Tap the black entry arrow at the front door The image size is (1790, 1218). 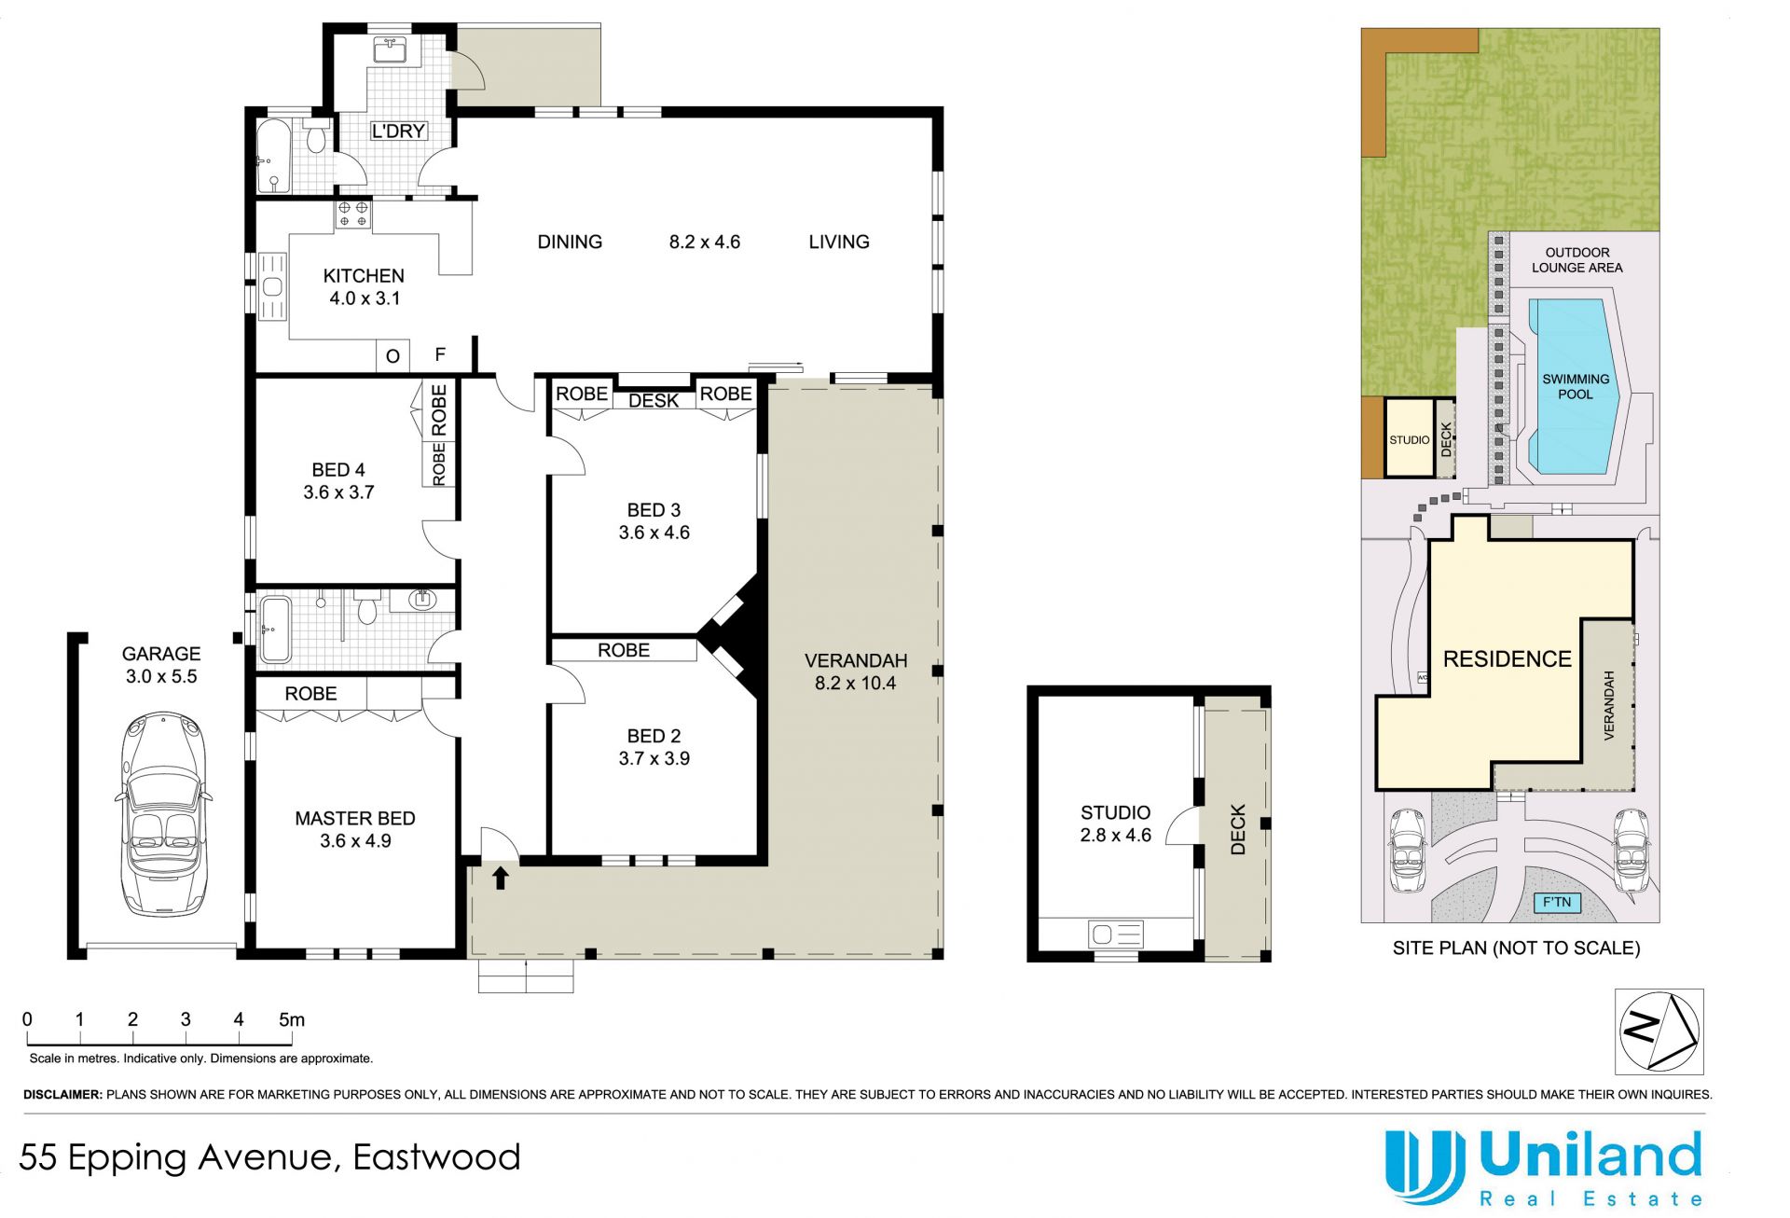(501, 877)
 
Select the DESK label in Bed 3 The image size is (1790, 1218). (654, 401)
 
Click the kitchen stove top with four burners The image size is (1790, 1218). (352, 215)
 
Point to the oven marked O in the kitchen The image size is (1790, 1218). (392, 355)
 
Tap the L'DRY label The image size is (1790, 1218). (398, 131)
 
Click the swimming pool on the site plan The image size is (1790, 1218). (1576, 385)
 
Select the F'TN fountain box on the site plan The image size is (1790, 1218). (1557, 902)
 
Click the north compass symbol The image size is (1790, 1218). (1659, 1031)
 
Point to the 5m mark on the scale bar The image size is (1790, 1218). (292, 1019)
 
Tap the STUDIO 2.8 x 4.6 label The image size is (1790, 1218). (1115, 824)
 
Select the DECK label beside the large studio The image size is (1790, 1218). (1237, 830)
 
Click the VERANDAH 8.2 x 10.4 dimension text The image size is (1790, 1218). (855, 671)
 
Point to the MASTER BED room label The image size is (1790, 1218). (355, 818)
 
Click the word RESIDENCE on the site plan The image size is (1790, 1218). (1508, 659)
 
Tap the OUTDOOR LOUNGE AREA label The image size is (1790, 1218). (1577, 260)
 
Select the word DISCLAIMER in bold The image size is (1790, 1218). (62, 1094)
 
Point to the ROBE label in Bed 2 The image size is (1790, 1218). (624, 650)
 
